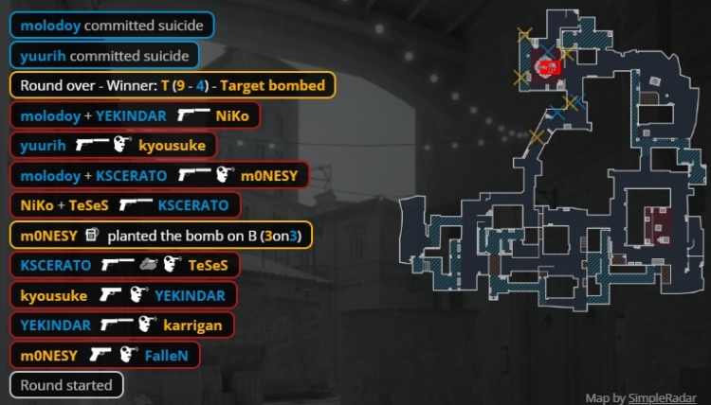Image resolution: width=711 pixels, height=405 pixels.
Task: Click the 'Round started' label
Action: (x=66, y=385)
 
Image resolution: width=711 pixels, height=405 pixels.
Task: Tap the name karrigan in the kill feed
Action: (x=192, y=326)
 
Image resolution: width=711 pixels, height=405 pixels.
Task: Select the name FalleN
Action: (x=167, y=356)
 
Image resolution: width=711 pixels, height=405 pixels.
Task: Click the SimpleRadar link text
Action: (x=662, y=398)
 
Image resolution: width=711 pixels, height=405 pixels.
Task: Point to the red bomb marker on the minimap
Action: (x=550, y=68)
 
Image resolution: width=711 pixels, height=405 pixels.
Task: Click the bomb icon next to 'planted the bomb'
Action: (x=92, y=235)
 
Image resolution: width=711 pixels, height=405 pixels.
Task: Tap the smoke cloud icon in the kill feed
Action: (x=148, y=264)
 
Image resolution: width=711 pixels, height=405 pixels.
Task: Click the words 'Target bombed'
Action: (x=273, y=85)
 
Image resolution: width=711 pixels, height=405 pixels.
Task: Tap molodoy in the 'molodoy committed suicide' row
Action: (x=50, y=26)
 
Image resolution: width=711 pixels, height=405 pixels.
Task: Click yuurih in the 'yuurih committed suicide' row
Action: (x=43, y=56)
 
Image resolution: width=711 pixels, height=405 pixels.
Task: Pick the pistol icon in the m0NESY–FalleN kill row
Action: (x=100, y=354)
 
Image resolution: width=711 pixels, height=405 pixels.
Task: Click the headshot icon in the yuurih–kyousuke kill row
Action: (x=122, y=144)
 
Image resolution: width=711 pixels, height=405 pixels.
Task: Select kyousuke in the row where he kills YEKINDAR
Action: (x=54, y=296)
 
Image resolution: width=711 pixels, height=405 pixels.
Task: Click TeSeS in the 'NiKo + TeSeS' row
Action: (x=89, y=205)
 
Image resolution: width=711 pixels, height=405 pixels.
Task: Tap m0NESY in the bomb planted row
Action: (x=49, y=236)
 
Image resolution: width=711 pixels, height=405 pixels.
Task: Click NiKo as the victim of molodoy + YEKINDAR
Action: (x=232, y=115)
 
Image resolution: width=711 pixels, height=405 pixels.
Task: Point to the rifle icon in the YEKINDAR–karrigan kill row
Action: (x=117, y=324)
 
